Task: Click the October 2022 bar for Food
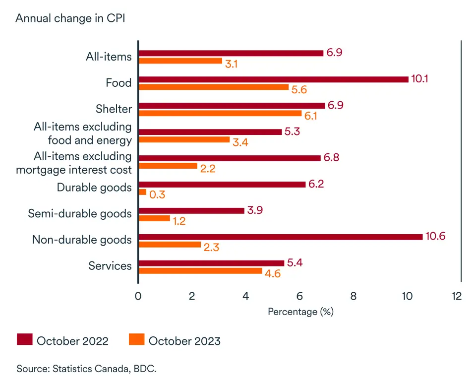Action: tap(273, 79)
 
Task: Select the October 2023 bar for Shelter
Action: tap(220, 114)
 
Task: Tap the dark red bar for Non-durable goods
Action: tap(280, 237)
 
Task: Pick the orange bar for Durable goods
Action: tap(142, 192)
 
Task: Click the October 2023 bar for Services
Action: tap(200, 271)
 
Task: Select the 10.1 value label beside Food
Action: tap(420, 79)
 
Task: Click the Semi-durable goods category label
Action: tap(80, 214)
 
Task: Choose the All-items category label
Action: tap(109, 57)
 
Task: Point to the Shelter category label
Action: tap(114, 109)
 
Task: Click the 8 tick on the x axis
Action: tap(354, 296)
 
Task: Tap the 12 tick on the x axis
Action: tap(456, 296)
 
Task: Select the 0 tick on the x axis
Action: tap(138, 296)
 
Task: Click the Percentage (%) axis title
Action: tap(300, 312)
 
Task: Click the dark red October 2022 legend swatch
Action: tap(24, 340)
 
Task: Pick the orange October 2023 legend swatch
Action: tap(136, 340)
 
